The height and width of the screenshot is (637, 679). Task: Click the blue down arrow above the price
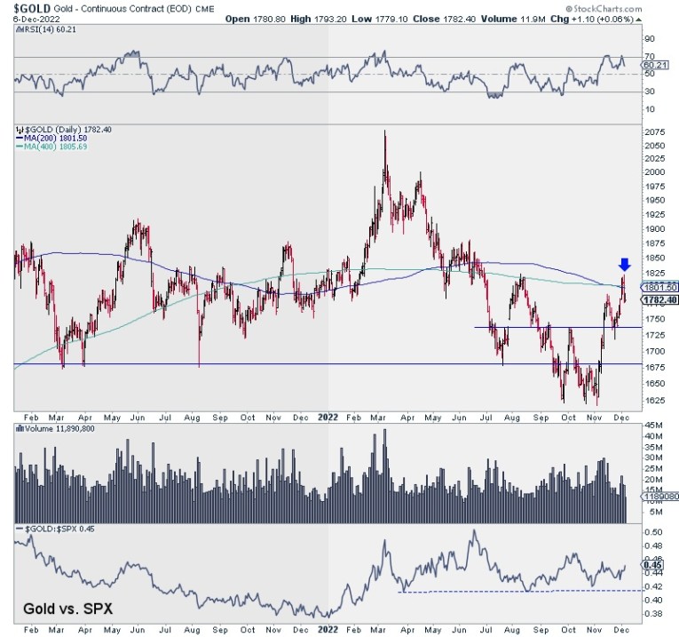point(624,264)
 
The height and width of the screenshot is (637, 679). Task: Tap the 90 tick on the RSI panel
point(649,39)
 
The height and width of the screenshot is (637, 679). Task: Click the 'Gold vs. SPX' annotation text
point(62,609)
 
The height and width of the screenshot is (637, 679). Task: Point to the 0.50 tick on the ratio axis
point(652,531)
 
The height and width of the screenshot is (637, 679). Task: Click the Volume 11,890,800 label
point(58,428)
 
